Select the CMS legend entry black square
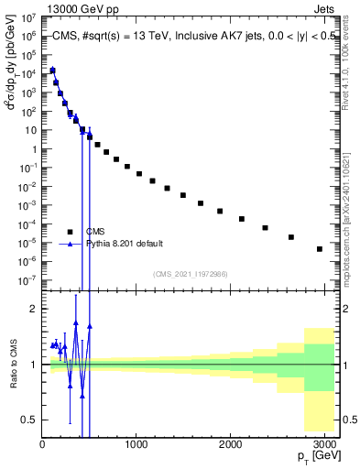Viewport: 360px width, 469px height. pyautogui.click(x=69, y=232)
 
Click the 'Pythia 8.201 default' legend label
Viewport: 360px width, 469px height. pyautogui.click(x=125, y=244)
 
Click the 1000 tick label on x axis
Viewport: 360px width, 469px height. pyautogui.click(x=136, y=443)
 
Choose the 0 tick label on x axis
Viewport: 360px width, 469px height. pyautogui.click(x=42, y=443)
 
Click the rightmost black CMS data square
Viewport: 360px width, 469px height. pyautogui.click(x=319, y=249)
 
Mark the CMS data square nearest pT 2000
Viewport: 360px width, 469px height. pyautogui.click(x=220, y=211)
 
